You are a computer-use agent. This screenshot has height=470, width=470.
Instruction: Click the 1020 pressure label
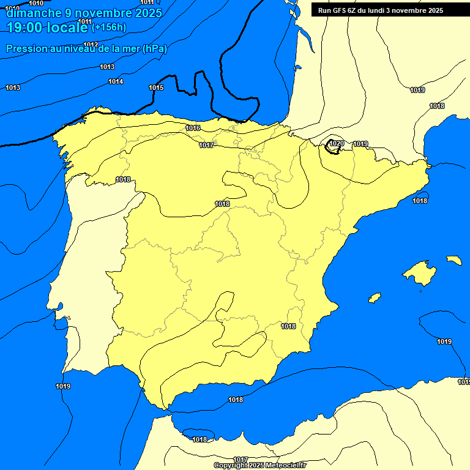click(337, 144)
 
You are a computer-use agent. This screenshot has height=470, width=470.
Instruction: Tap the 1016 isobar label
click(193, 128)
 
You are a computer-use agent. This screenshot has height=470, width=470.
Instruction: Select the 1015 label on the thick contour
click(156, 88)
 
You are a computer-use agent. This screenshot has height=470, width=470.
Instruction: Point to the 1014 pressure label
click(116, 82)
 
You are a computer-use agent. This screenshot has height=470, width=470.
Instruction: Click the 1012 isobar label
click(91, 45)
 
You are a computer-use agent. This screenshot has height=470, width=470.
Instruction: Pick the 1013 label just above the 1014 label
click(107, 67)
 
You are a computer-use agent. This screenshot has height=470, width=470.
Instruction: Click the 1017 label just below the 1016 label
click(206, 145)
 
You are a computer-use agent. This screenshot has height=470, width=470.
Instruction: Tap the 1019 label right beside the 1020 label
click(360, 144)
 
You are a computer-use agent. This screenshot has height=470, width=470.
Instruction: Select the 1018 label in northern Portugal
click(123, 179)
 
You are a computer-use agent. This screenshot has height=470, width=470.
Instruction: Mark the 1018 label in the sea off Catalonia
click(420, 201)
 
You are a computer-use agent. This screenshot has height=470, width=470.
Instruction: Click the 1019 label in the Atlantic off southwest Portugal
click(62, 386)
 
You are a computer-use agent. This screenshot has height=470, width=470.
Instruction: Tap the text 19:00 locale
click(48, 27)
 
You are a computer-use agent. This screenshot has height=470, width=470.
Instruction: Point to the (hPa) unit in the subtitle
click(155, 49)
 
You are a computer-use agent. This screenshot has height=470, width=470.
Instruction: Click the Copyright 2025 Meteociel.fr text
click(260, 465)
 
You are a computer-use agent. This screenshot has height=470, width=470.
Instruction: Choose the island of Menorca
click(454, 260)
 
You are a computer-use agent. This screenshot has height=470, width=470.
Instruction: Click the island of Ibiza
click(375, 298)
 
